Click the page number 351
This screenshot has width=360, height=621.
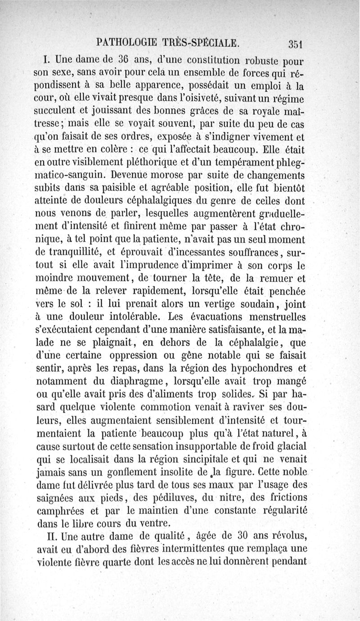click(297, 44)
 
